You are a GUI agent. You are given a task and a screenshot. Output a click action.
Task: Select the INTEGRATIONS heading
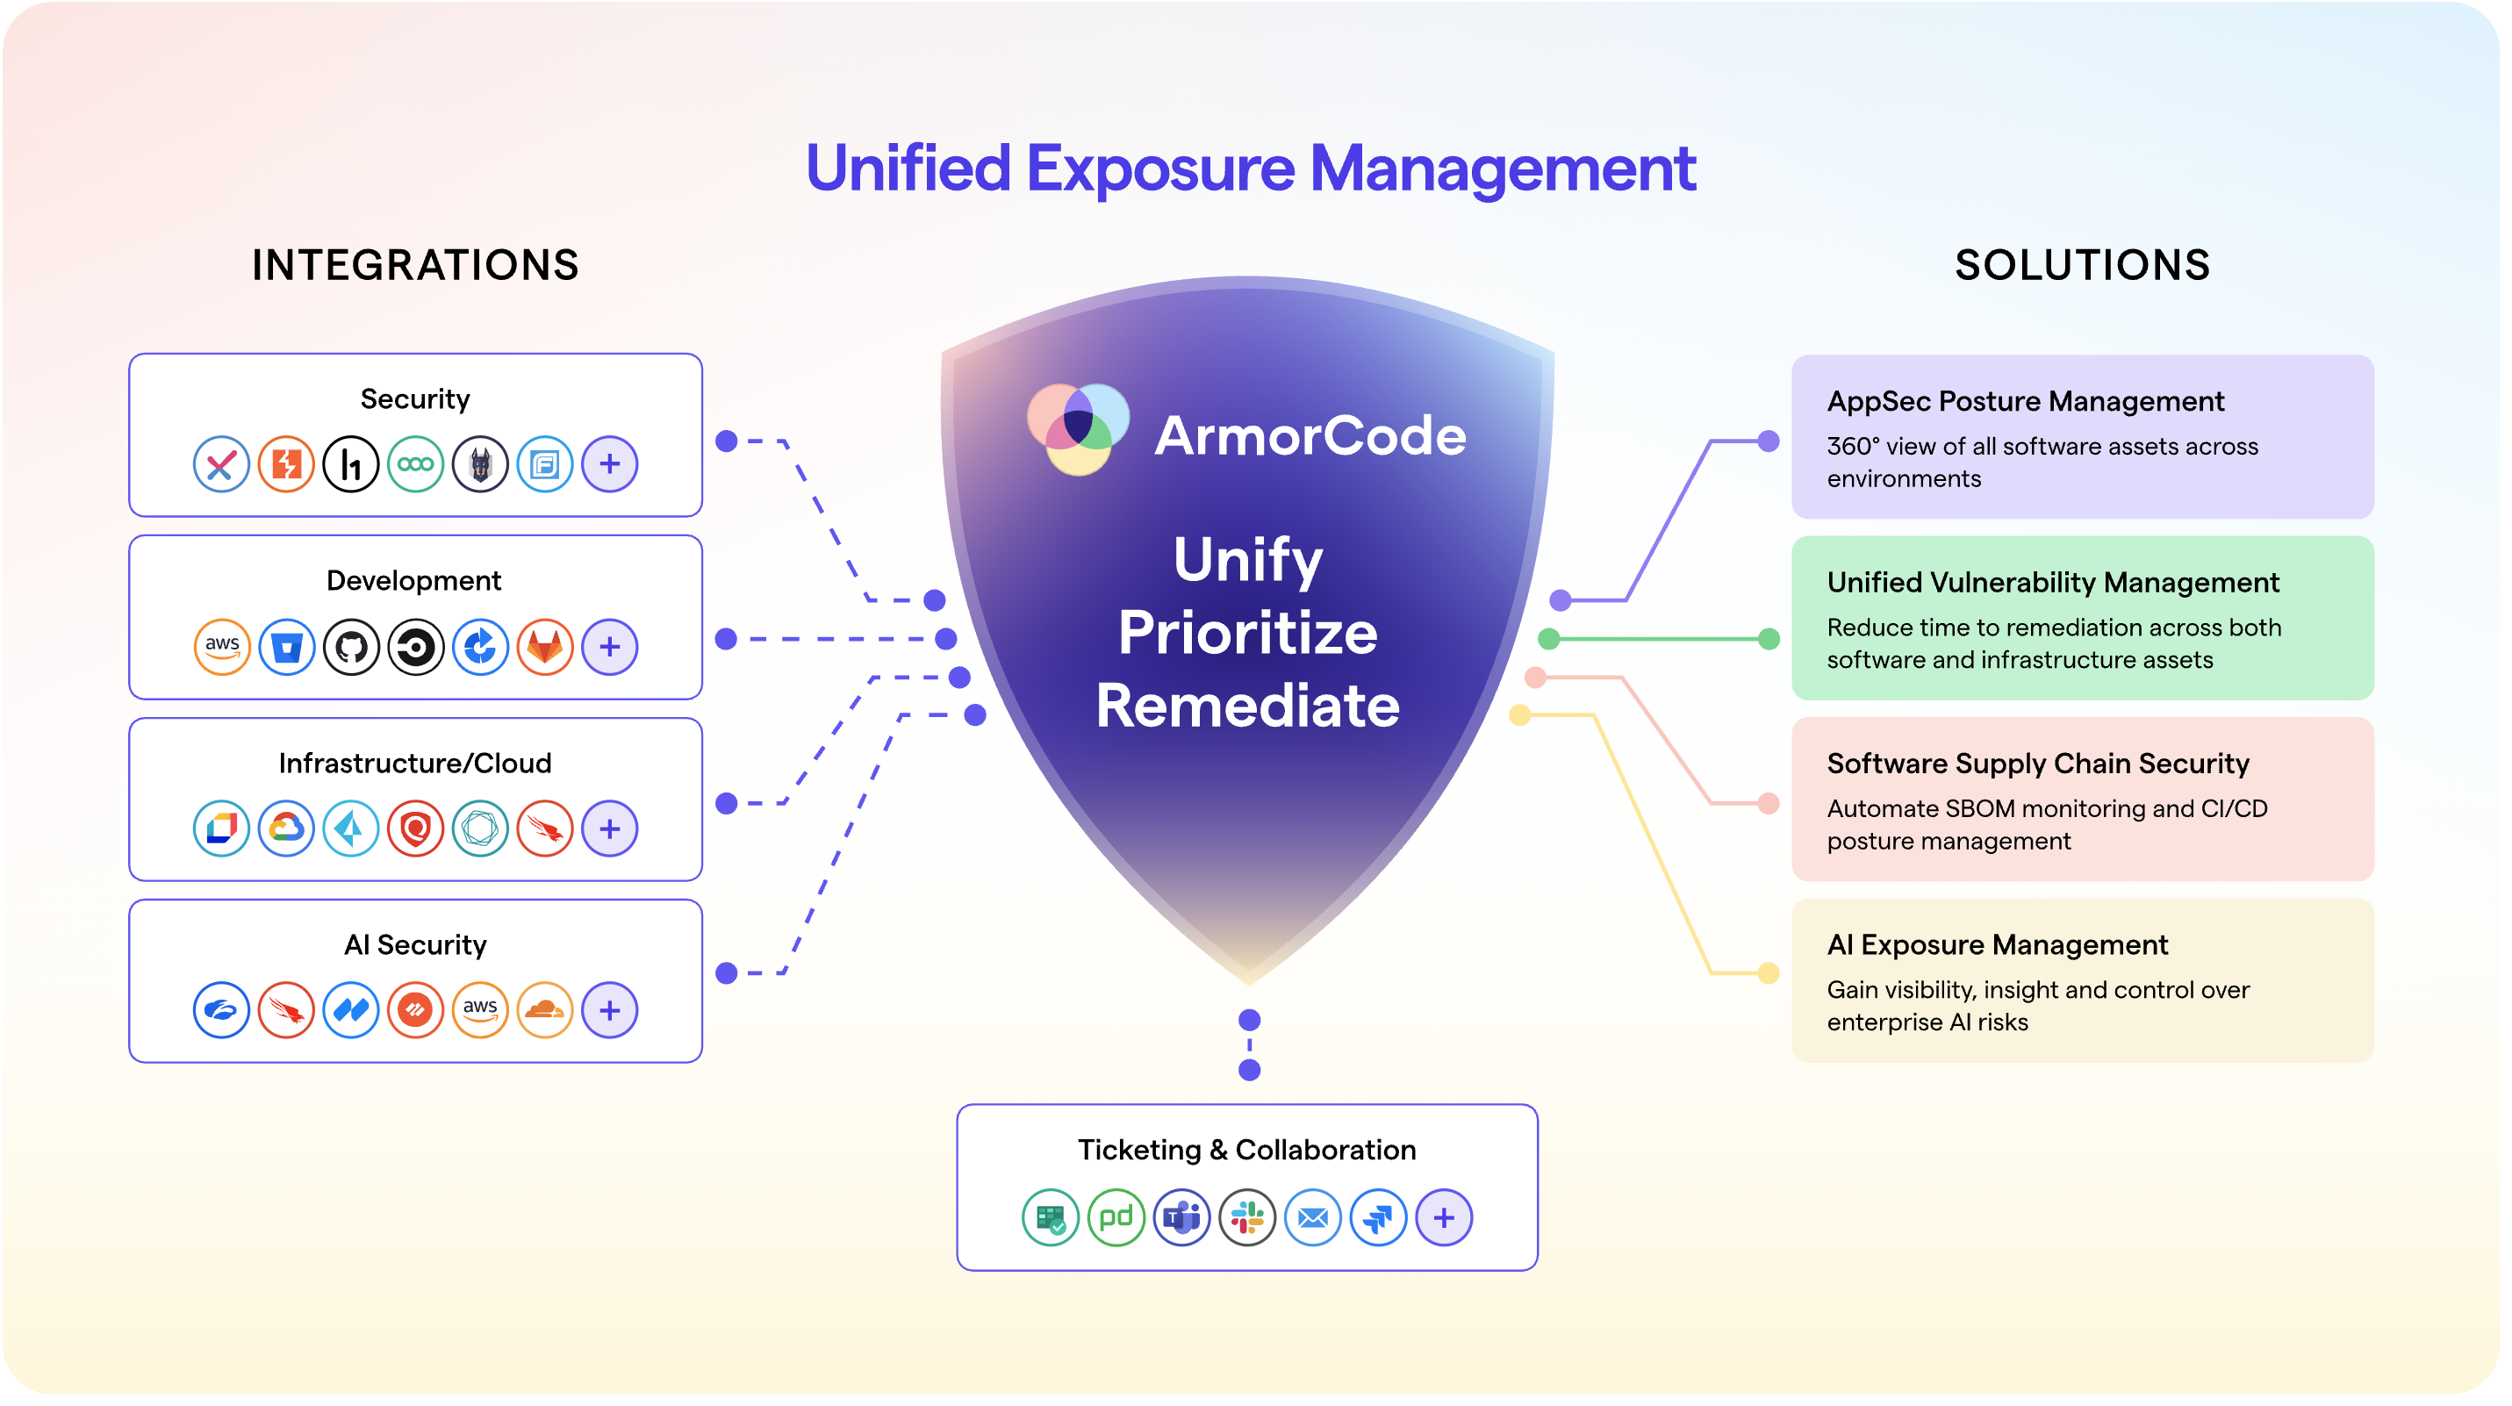pos(416,266)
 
